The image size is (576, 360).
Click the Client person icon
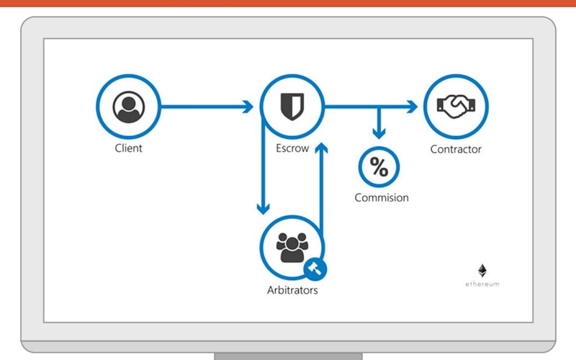point(129,107)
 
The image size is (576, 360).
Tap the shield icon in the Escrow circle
point(292,107)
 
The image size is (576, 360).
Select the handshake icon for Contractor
point(456,107)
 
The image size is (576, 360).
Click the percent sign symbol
point(379,167)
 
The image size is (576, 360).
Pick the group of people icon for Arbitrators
point(292,247)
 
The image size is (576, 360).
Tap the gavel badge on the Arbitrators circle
point(315,269)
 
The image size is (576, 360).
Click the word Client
point(128,148)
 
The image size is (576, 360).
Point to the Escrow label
point(292,148)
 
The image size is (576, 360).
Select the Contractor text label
point(456,149)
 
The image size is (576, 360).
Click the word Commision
point(382,197)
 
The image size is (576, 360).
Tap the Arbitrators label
point(292,290)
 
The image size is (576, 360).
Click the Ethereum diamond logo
point(482,271)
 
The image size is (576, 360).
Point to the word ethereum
point(482,284)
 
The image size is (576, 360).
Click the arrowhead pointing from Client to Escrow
point(248,107)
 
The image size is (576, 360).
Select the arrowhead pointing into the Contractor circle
point(412,107)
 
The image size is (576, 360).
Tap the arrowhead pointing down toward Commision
point(379,133)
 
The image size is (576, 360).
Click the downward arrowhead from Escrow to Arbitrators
point(263,209)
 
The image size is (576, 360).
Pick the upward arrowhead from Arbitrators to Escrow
point(321,148)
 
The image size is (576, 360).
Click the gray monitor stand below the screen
point(289,356)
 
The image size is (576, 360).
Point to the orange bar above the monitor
point(288,3)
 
